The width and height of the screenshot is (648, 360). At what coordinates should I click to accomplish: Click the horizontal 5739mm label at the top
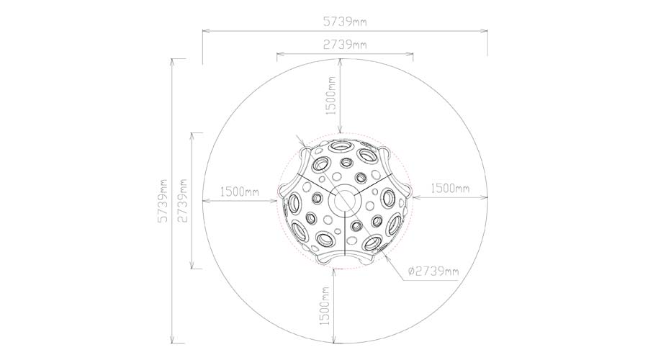[344, 22]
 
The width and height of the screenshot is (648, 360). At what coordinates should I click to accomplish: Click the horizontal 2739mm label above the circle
[344, 44]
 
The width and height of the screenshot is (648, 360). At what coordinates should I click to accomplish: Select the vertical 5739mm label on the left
[163, 201]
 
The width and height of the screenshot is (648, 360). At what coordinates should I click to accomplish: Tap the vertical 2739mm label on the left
[182, 201]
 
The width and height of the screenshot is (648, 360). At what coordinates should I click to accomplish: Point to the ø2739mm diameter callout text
[433, 271]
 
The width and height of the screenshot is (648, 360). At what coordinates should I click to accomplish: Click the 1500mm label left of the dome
[239, 192]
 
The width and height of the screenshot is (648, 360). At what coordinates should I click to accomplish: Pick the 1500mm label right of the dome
[450, 188]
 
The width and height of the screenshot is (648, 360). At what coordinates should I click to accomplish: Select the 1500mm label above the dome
[330, 96]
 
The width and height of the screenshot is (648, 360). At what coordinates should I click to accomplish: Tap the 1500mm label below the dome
[325, 306]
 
